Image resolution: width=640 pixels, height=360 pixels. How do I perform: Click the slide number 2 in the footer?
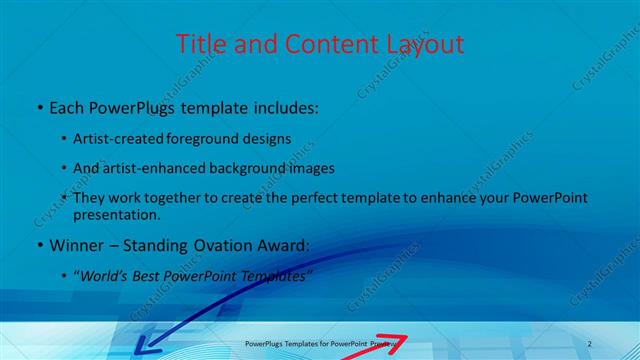point(589,343)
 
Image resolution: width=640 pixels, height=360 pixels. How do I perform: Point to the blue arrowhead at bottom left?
point(143,348)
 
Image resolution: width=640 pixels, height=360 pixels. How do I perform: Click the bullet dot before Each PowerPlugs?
point(38,106)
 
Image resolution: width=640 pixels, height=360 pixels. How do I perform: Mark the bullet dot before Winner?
point(38,245)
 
